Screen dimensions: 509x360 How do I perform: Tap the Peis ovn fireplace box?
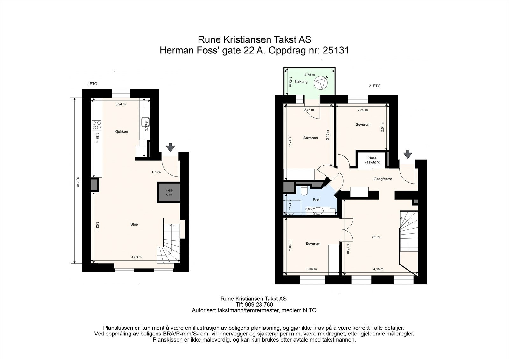169,192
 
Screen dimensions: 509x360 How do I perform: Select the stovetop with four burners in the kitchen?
96,125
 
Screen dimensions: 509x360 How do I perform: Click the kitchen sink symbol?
145,123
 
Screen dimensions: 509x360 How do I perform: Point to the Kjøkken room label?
121,131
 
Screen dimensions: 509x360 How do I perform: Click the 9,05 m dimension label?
78,182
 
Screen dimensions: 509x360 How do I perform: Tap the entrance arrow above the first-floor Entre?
170,147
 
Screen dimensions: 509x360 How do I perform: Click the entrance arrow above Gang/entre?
408,154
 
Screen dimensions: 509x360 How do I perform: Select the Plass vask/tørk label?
372,160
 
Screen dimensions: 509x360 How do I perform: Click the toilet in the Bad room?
304,191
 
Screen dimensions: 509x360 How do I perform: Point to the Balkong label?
301,81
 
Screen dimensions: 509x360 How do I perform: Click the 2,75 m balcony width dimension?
310,74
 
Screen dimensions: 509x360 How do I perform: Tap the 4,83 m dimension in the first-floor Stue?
136,257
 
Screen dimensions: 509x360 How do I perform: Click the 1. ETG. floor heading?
92,84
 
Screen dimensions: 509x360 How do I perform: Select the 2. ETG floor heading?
374,86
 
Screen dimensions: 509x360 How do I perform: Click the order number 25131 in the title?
336,50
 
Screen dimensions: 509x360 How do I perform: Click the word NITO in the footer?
310,310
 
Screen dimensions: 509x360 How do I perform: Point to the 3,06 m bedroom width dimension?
311,269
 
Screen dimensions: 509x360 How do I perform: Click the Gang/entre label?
383,179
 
